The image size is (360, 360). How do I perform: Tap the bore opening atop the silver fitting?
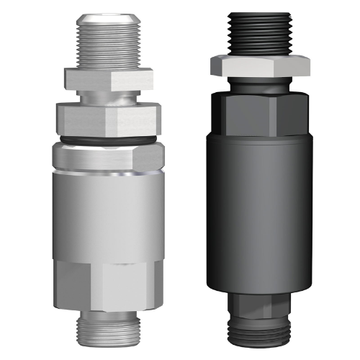pos(107,16)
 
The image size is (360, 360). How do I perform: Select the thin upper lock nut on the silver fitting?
pos(107,77)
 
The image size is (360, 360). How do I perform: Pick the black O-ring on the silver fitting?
pos(107,139)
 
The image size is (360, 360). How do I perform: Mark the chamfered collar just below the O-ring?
pos(107,158)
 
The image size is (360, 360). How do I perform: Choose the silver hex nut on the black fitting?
pos(260,65)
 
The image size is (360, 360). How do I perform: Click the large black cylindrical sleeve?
pos(260,209)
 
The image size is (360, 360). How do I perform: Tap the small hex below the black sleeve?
pos(260,302)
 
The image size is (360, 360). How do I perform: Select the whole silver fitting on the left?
pos(107,180)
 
